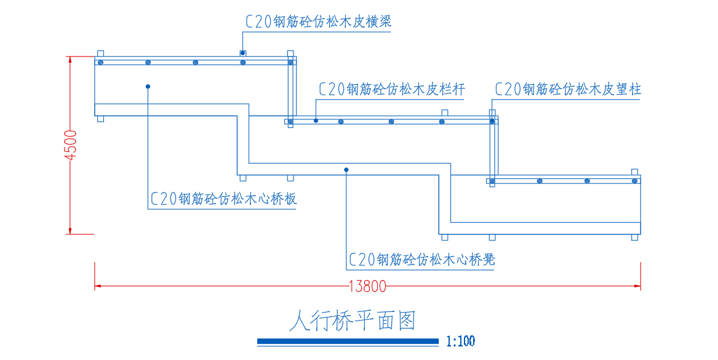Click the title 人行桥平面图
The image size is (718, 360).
(x=353, y=321)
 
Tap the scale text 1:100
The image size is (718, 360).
(x=461, y=341)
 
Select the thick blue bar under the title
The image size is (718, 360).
(x=348, y=341)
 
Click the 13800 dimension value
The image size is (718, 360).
(x=367, y=286)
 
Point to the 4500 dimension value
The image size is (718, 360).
(x=71, y=146)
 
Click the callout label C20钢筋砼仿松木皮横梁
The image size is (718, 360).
(x=319, y=22)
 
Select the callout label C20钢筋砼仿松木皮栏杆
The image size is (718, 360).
(x=392, y=89)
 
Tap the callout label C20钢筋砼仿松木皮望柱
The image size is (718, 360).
(x=568, y=89)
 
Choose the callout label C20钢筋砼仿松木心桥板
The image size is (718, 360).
(x=224, y=198)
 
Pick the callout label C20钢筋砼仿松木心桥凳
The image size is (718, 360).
(x=422, y=260)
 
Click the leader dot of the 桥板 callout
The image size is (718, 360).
(x=148, y=86)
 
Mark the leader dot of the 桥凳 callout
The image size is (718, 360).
(x=346, y=170)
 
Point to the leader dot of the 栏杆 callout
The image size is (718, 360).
(x=316, y=121)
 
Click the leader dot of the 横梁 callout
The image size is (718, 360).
(x=242, y=53)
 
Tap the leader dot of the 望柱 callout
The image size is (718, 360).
(x=492, y=121)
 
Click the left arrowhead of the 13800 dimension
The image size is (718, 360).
(x=98, y=286)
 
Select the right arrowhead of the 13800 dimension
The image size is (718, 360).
(x=637, y=286)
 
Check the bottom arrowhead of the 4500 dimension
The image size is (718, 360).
(x=70, y=230)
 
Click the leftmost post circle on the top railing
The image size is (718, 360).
(x=101, y=62)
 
